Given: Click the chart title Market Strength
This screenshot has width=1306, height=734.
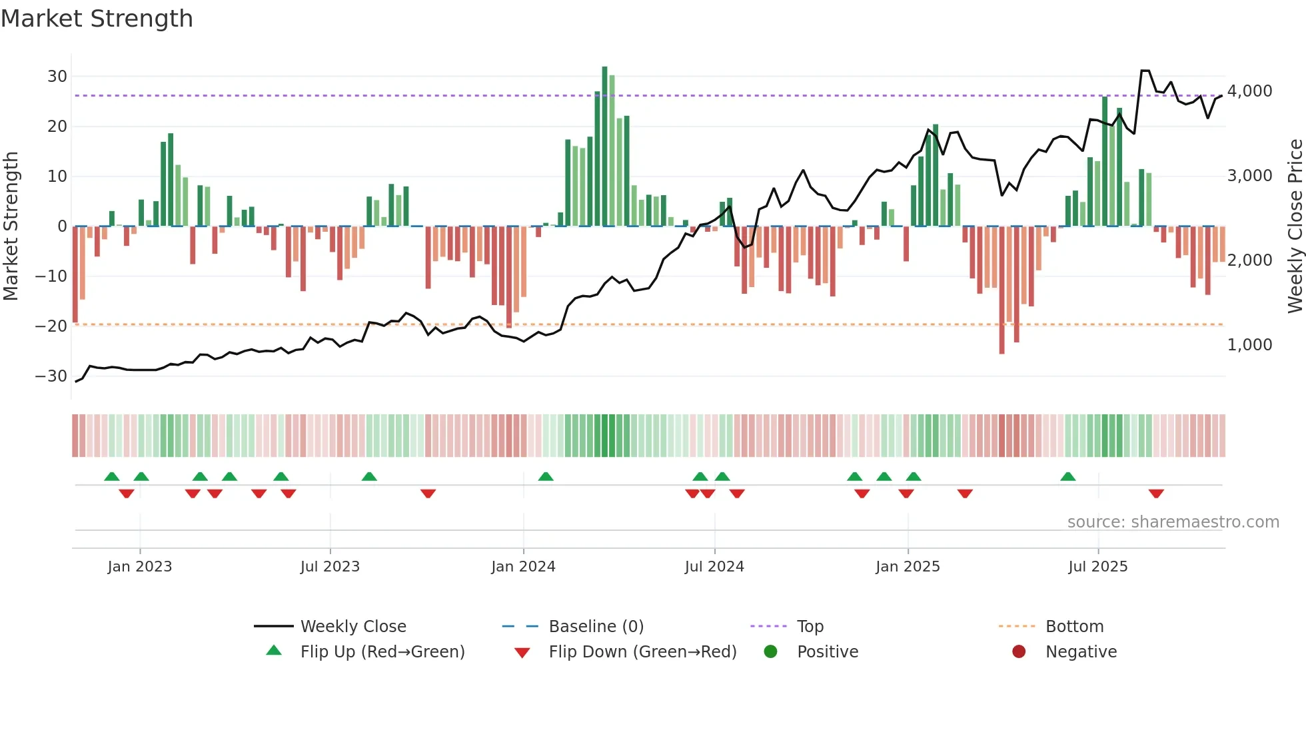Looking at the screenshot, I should point(97,19).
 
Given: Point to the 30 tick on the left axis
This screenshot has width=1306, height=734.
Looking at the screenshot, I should point(57,77).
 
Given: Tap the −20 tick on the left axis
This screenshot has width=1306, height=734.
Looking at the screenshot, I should point(51,326).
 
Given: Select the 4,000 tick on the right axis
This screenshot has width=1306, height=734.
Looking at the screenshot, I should point(1249,91).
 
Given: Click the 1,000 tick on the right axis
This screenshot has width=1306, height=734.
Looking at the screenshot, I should point(1249,345).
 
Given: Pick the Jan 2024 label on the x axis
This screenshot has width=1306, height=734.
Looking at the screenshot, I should point(523,567).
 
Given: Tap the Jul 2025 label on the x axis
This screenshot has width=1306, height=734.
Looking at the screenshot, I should point(1097,567).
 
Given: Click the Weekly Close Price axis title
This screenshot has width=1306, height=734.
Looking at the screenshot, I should point(1295,226).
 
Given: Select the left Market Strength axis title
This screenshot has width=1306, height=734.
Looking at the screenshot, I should point(11,226).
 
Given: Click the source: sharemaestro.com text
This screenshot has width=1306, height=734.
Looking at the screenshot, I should point(1173,522).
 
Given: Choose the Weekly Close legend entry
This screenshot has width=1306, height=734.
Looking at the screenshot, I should point(352,627).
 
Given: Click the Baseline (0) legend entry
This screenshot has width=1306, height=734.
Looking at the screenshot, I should point(596,627).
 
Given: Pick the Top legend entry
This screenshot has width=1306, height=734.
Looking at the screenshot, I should point(810,627).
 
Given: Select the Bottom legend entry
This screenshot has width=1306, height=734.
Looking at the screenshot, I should point(1074,627).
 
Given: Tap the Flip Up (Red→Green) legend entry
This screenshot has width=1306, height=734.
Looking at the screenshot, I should point(382,652).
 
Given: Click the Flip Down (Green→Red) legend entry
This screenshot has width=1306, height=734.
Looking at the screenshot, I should point(642,652).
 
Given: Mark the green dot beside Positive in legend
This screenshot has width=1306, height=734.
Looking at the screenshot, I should point(770,652).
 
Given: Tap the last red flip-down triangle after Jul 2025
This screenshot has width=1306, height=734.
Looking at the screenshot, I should point(1156,494).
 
